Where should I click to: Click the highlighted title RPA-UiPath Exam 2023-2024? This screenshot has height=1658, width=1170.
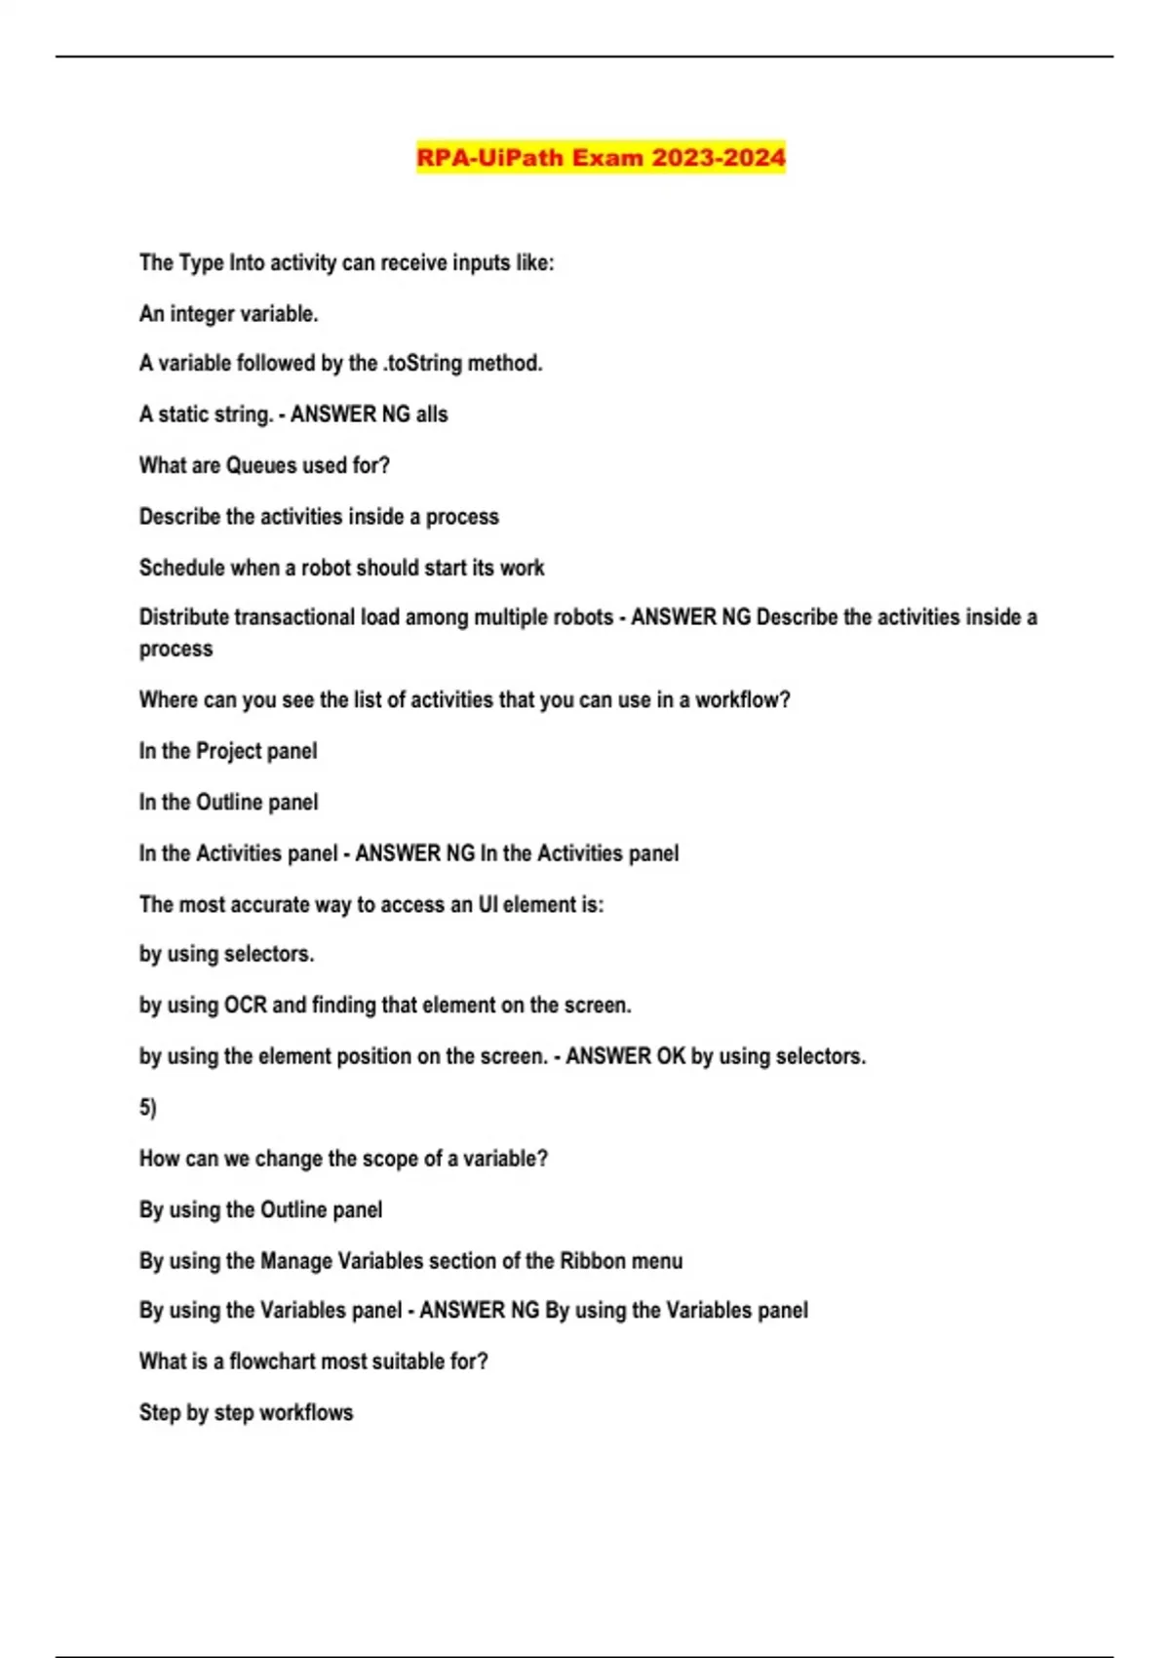pyautogui.click(x=601, y=157)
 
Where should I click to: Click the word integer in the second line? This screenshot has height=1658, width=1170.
pyautogui.click(x=206, y=314)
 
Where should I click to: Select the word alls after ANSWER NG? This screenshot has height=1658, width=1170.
pyautogui.click(x=432, y=414)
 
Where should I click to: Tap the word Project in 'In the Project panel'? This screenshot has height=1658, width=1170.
pyautogui.click(x=229, y=751)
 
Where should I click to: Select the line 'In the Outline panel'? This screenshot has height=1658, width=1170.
pyautogui.click(x=228, y=803)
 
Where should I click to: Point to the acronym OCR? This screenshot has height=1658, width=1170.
pyautogui.click(x=246, y=1006)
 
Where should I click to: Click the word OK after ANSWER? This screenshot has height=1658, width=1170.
pyautogui.click(x=671, y=1056)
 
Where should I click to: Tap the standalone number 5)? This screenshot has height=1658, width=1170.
pyautogui.click(x=147, y=1108)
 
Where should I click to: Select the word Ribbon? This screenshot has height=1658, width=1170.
pyautogui.click(x=593, y=1261)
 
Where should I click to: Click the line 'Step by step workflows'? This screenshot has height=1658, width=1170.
pyautogui.click(x=246, y=1413)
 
